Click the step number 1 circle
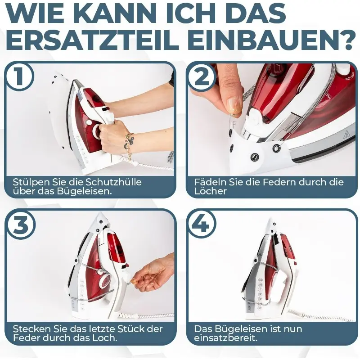tap(19, 76)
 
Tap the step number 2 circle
tap(201, 76)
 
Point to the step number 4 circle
tap(201, 225)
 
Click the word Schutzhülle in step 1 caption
tap(113, 182)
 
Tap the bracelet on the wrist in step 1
tap(129, 142)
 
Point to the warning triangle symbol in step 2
tap(346, 135)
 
